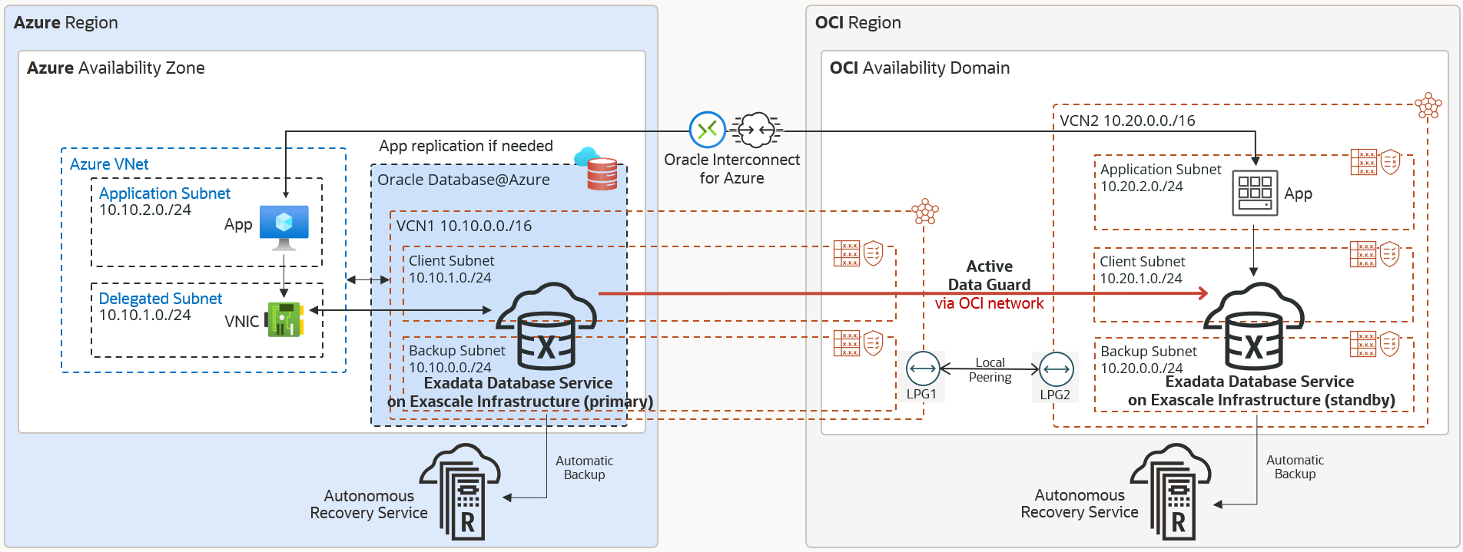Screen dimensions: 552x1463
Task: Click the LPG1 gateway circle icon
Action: tap(922, 369)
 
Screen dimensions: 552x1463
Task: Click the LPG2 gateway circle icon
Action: tap(1056, 369)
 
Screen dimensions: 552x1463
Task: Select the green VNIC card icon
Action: tap(284, 319)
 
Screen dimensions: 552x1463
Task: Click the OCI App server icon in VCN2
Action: tap(1255, 193)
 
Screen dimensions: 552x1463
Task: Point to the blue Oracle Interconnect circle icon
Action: tap(707, 130)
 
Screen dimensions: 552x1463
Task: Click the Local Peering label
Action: tap(990, 370)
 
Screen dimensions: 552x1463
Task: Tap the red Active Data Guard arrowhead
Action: tap(1201, 293)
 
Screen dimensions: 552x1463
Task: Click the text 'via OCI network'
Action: tap(989, 304)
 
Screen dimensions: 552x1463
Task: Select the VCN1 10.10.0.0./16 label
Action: tap(464, 226)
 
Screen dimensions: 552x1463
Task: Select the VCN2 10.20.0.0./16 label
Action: tap(1127, 121)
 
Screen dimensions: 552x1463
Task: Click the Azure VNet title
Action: tap(109, 164)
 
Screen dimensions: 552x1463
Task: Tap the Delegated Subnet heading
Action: tap(160, 299)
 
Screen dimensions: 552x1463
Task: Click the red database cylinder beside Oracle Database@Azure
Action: tap(602, 173)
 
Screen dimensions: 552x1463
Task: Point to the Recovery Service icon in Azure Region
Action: tap(462, 492)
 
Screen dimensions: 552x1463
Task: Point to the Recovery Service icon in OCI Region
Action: tap(1173, 491)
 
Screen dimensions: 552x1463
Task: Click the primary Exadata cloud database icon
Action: tap(546, 326)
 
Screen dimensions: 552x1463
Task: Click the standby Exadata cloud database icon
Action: tap(1254, 326)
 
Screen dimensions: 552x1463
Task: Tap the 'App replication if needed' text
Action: tap(466, 146)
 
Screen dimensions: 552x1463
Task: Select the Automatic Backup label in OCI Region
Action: tap(1295, 467)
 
